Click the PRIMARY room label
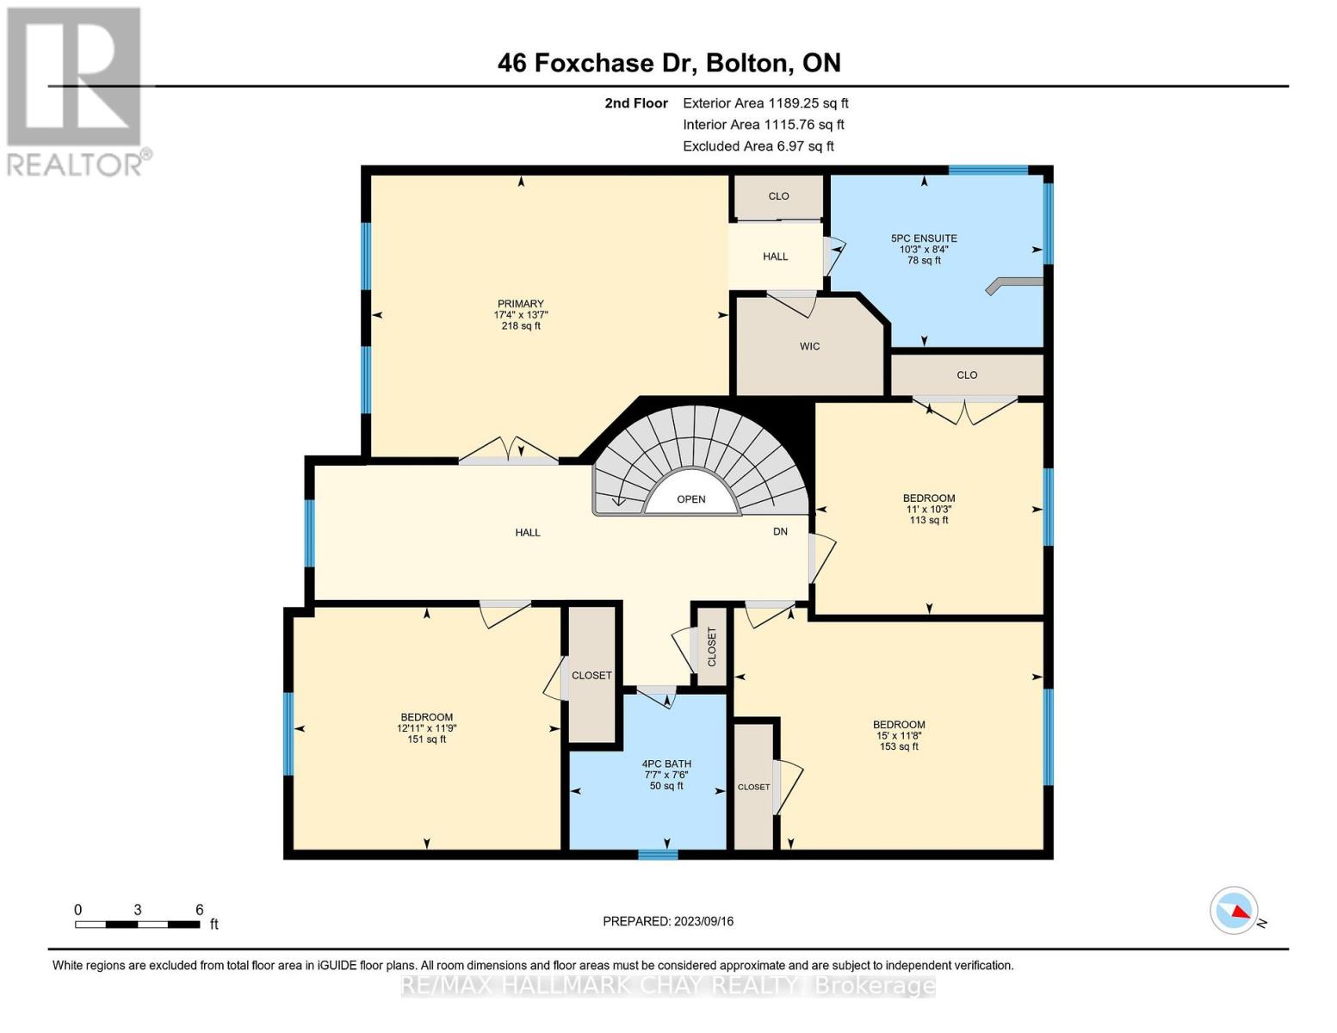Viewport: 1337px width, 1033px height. tap(521, 303)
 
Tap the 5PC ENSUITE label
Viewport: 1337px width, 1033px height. tap(924, 238)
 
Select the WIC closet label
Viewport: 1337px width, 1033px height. tap(810, 346)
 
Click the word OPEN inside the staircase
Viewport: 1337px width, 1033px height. tap(691, 499)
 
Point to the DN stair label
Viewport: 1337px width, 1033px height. tap(780, 532)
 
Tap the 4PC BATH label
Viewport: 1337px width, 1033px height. tap(666, 764)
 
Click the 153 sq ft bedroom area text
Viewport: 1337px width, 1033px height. tap(899, 746)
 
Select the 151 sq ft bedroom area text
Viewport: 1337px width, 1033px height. tap(426, 739)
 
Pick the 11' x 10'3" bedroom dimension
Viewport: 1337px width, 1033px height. tap(929, 509)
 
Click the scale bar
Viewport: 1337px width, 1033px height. tap(137, 924)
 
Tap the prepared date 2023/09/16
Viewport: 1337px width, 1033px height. tap(703, 921)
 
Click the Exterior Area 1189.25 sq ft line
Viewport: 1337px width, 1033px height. tap(765, 103)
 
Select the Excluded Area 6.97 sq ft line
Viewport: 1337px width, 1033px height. tap(758, 146)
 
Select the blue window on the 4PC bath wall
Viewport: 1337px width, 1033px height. tap(658, 855)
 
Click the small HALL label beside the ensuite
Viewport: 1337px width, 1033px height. tap(775, 257)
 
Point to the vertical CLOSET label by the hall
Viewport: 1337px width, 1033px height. tap(712, 646)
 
